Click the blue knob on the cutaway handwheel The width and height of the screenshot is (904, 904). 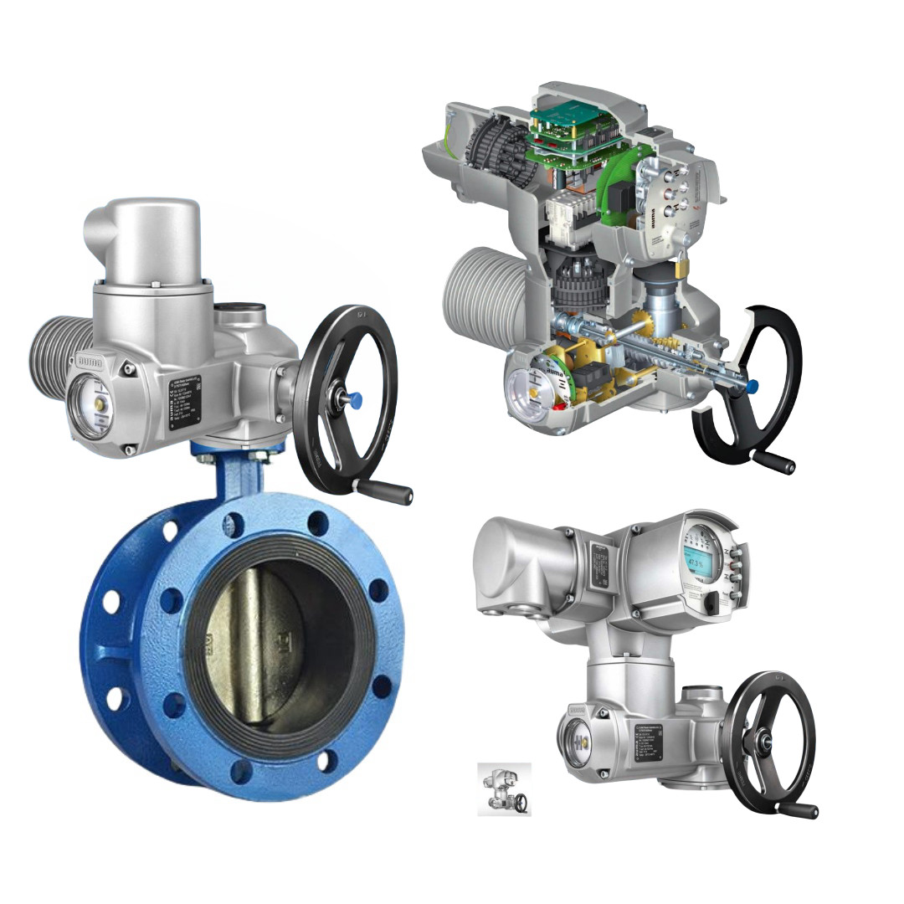click(x=752, y=386)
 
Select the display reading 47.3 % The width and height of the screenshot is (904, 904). click(x=696, y=562)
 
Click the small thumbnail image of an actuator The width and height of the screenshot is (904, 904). click(x=504, y=788)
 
